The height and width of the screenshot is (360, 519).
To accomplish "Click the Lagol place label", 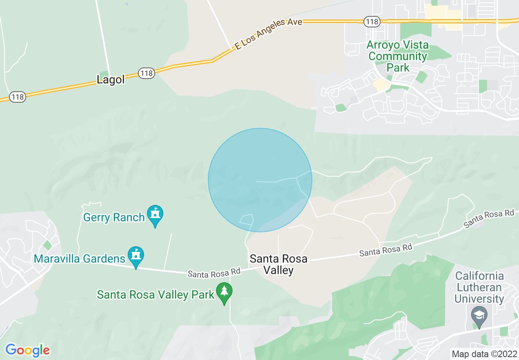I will (111, 79).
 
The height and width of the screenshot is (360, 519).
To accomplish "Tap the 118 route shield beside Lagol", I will (146, 74).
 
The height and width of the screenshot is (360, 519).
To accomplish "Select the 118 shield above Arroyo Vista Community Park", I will (372, 22).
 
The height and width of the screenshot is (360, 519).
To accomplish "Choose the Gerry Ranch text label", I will (114, 217).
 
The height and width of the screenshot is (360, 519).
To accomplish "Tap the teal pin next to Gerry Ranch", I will (155, 215).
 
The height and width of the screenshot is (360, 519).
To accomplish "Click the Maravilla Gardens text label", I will (79, 259).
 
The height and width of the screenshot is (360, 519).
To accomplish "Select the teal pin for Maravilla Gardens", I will (136, 256).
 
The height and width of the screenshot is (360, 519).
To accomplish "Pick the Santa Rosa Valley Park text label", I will (156, 295).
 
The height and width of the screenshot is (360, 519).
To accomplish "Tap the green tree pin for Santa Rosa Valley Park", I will (224, 292).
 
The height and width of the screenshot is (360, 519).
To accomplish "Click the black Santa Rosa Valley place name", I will (278, 264).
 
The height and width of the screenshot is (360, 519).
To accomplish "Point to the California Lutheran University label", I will (479, 287).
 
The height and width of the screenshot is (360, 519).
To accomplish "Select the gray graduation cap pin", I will (479, 316).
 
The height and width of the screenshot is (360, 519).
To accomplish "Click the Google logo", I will (27, 351).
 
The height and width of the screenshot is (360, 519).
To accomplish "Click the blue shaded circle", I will (260, 180).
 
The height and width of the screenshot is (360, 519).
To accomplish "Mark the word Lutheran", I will (479, 287).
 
